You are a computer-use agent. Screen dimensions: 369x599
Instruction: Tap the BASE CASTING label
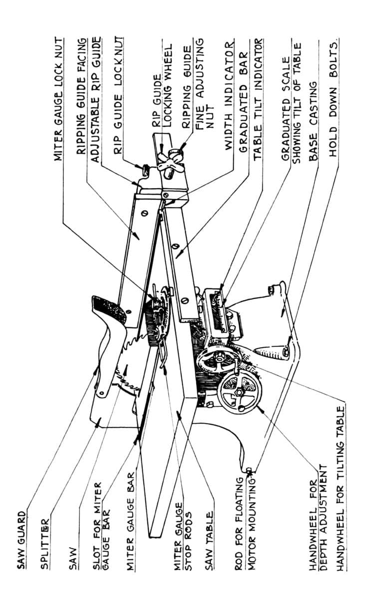pyautogui.click(x=314, y=121)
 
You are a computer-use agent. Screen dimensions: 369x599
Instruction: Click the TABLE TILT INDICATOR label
pyautogui.click(x=258, y=99)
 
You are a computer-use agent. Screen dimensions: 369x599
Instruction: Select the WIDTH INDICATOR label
pyautogui.click(x=229, y=95)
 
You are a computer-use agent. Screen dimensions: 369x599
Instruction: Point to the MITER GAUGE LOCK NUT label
pyautogui.click(x=58, y=99)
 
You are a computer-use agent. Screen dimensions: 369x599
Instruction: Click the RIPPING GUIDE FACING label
pyautogui.click(x=81, y=96)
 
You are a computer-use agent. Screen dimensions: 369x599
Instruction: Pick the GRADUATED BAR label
pyautogui.click(x=243, y=102)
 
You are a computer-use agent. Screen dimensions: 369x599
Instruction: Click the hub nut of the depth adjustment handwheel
pyautogui.click(x=238, y=392)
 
